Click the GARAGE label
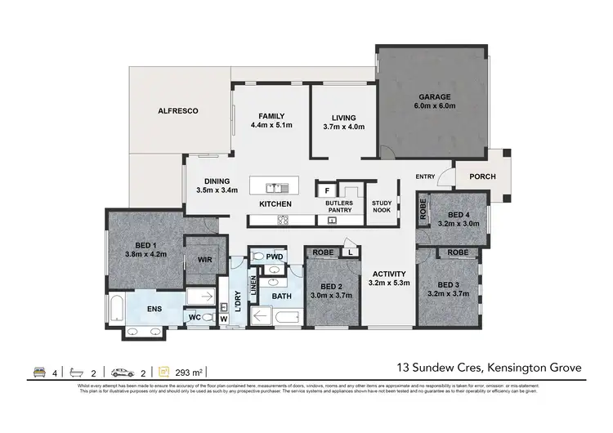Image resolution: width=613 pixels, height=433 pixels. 436,96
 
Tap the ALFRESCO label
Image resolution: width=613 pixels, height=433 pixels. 178,109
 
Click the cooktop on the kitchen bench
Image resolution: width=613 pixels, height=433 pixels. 284,219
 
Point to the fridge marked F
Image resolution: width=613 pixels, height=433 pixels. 324,191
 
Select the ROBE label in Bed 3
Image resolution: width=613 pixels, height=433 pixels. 458,253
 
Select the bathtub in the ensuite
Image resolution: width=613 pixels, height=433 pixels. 116,310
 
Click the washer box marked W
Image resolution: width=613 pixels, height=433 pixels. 224,319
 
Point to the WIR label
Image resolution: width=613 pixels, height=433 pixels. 204,260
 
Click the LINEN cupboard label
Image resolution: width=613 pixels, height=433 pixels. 253,283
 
